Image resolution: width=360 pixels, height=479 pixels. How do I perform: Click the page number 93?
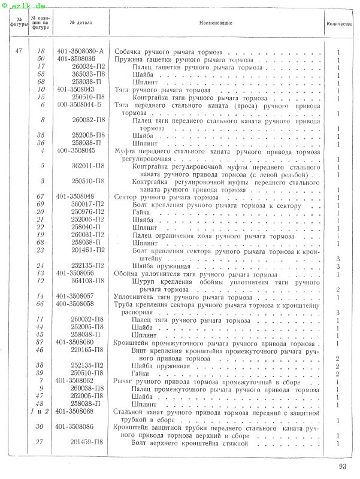tap(343, 467)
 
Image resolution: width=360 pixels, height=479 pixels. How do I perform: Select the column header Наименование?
tap(213, 22)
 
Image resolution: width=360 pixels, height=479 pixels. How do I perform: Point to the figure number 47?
tap(19, 51)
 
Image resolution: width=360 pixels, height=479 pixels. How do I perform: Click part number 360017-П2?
tap(88, 204)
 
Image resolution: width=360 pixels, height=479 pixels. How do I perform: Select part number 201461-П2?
tap(88, 250)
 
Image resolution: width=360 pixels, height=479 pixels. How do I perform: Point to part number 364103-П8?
tap(88, 281)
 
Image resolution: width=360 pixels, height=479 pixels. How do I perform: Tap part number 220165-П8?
tap(88, 350)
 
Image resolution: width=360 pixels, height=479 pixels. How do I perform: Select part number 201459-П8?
tap(88, 442)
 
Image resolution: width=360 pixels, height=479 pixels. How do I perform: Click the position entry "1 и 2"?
tap(40, 411)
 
